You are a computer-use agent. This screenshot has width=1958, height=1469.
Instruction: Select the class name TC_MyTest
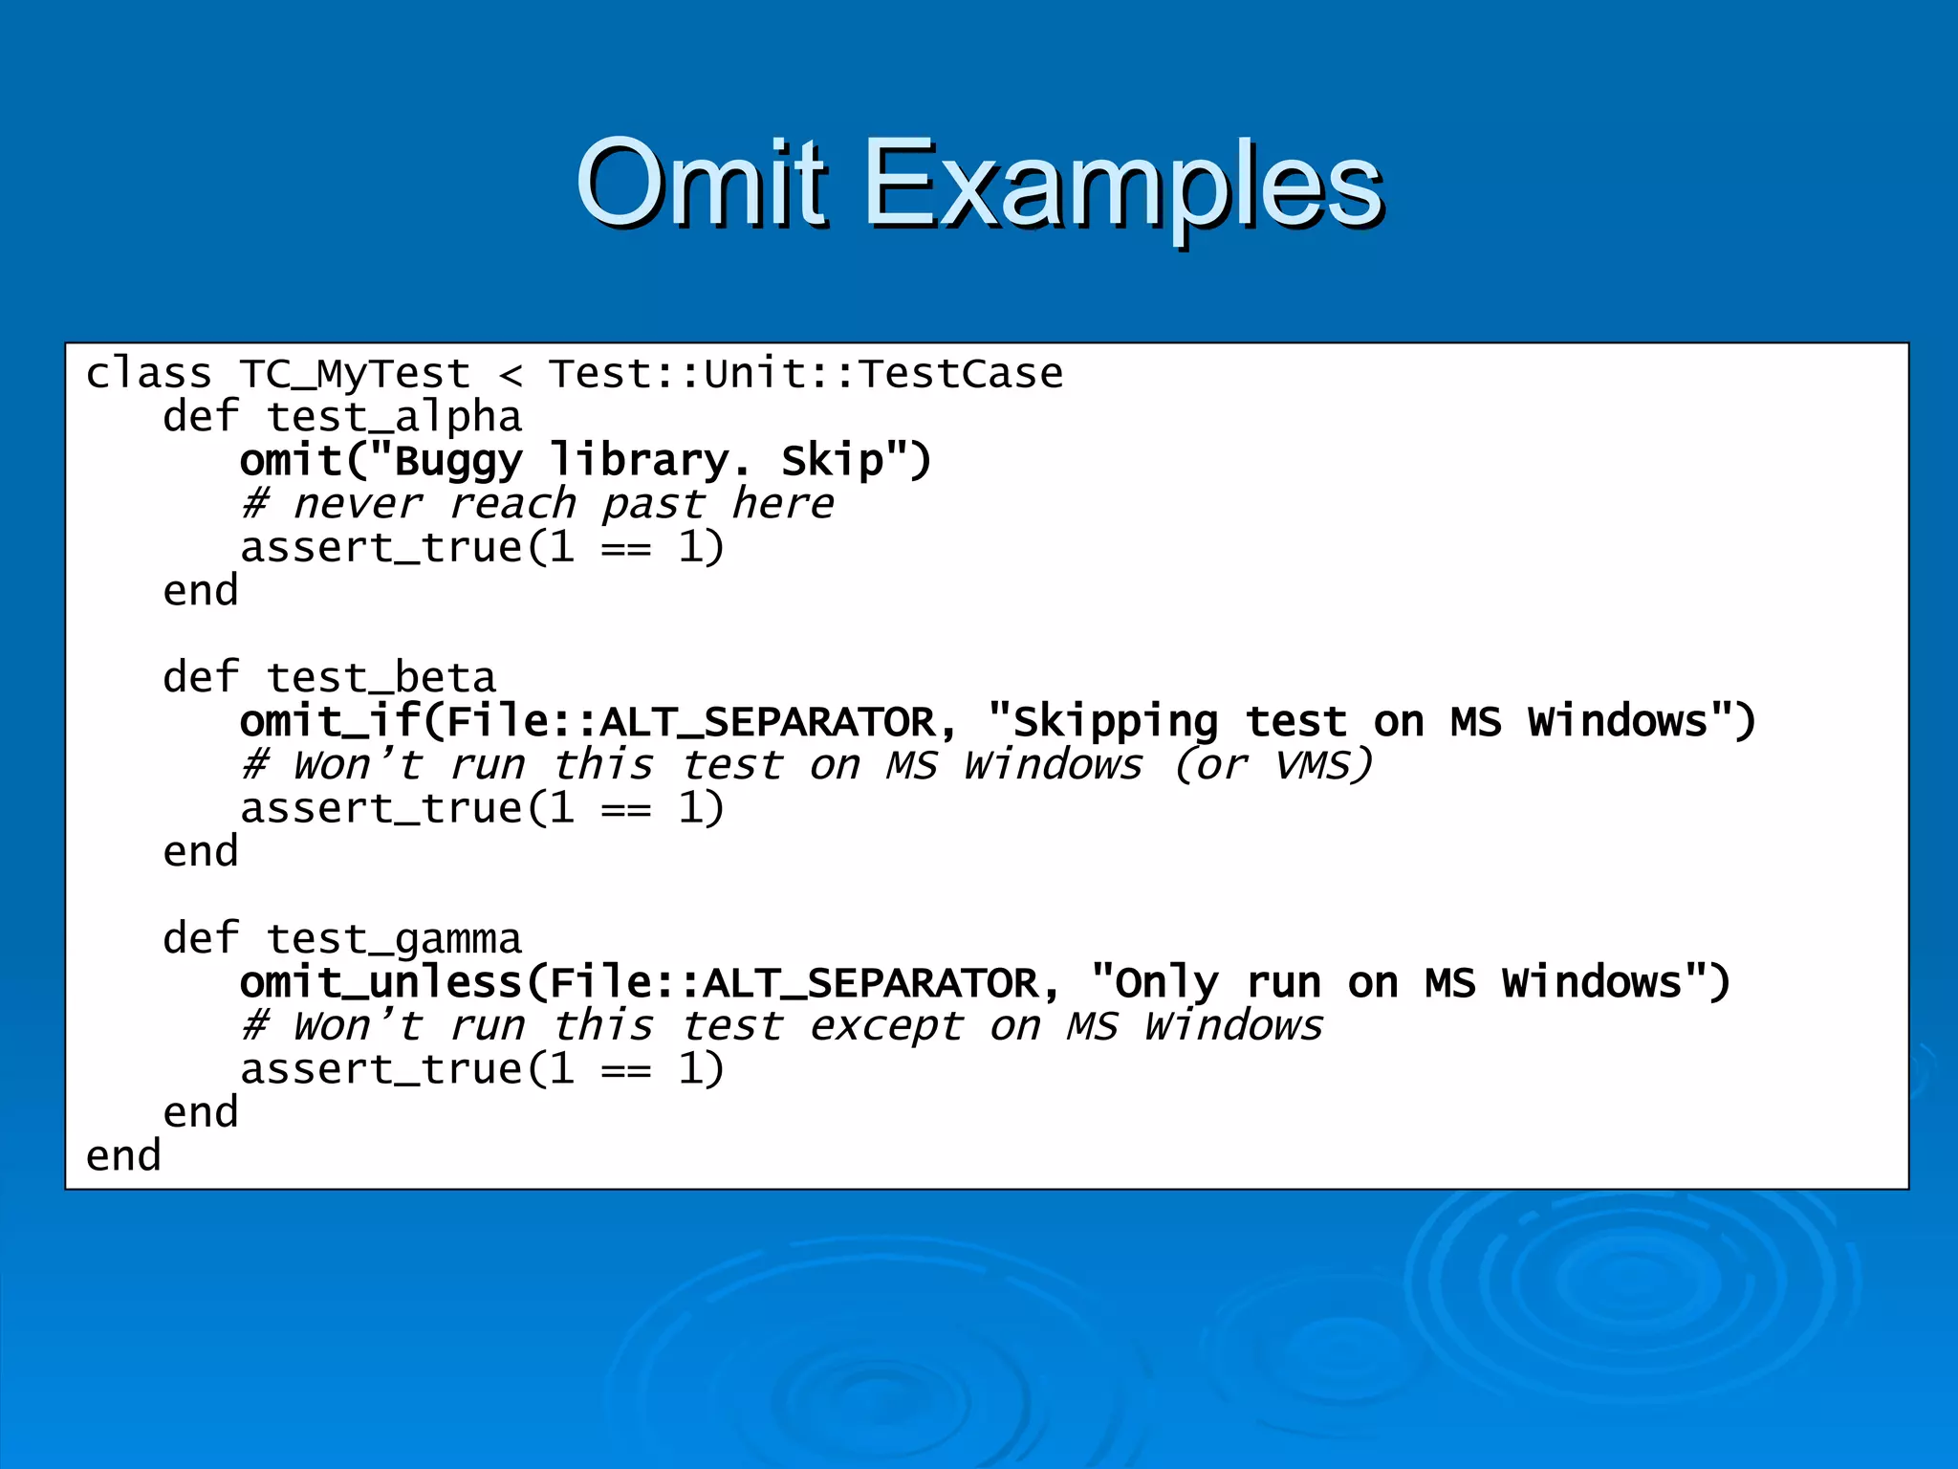355,374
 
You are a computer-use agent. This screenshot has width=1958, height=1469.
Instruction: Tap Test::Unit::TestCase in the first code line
805,374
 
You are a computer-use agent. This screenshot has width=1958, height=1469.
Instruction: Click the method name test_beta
381,678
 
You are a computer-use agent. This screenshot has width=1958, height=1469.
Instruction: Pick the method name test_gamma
394,939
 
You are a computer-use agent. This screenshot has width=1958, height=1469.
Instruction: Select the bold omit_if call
330,721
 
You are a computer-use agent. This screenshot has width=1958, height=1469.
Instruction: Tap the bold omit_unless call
381,982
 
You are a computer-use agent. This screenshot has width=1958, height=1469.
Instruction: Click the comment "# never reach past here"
536,504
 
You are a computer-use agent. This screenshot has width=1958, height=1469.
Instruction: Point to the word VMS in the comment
1323,765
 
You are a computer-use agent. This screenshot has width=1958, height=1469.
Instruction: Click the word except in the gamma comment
885,1026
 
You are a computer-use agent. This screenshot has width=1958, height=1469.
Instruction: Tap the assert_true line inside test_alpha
482,548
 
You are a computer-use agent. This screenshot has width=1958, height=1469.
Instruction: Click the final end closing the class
123,1156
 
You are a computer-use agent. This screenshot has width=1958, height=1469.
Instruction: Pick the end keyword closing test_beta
200,851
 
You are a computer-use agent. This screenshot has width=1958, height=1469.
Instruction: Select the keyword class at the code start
148,374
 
